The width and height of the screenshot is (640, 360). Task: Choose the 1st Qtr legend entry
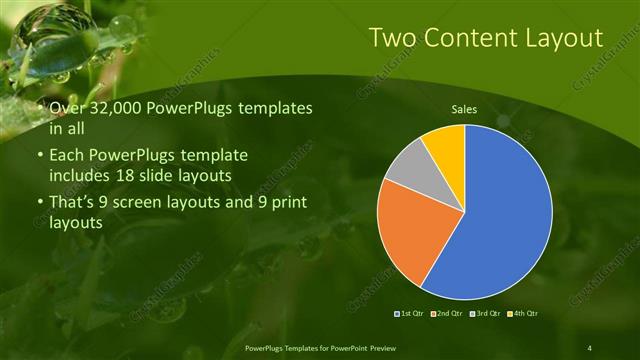tap(411, 315)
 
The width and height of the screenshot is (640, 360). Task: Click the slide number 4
tap(590, 347)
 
